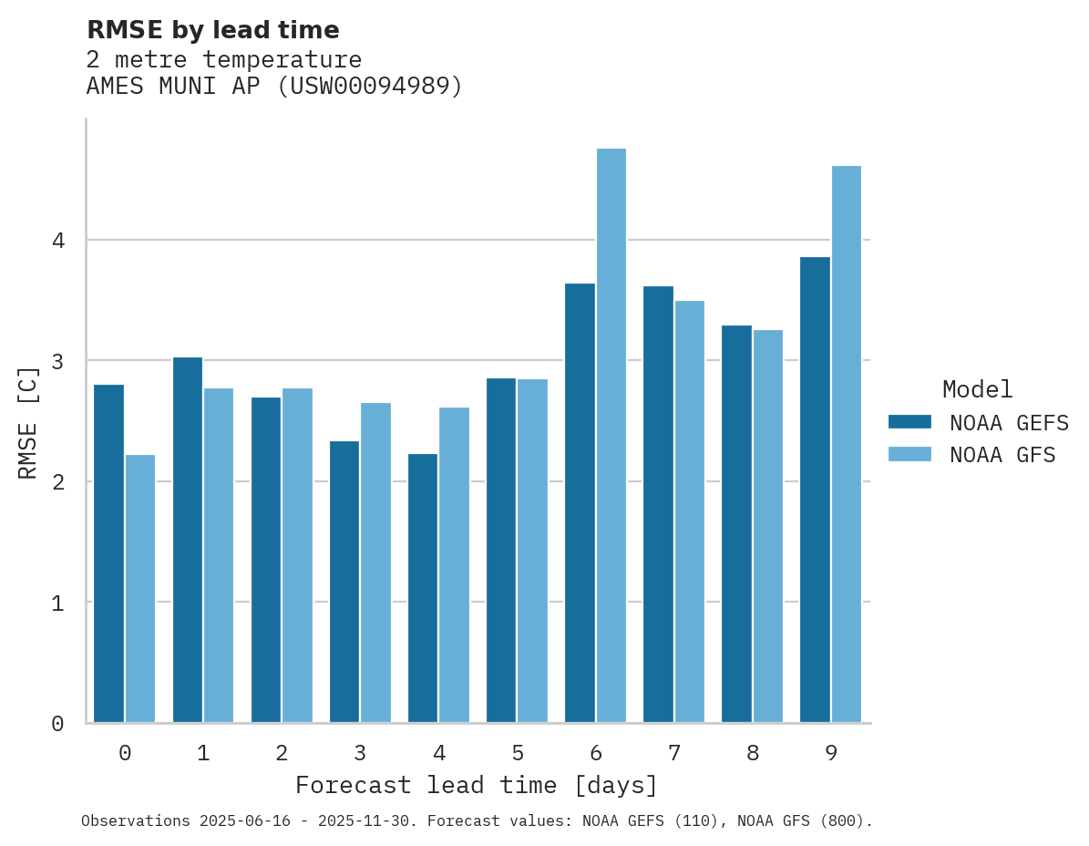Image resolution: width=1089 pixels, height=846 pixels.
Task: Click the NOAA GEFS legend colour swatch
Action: tap(909, 421)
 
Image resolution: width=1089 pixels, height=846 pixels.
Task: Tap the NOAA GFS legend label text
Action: tap(1002, 455)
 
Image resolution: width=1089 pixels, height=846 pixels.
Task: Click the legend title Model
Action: tap(978, 389)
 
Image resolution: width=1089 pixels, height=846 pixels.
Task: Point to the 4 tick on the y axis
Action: tap(57, 241)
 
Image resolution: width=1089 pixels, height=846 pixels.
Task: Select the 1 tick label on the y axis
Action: tap(57, 603)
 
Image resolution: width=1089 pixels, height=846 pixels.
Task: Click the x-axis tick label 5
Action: tap(518, 753)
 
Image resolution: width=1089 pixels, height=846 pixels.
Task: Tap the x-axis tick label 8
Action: tap(753, 753)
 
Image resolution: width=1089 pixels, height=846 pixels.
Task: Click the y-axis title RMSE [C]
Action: tap(28, 421)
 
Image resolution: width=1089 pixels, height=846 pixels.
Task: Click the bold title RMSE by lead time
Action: tap(212, 30)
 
